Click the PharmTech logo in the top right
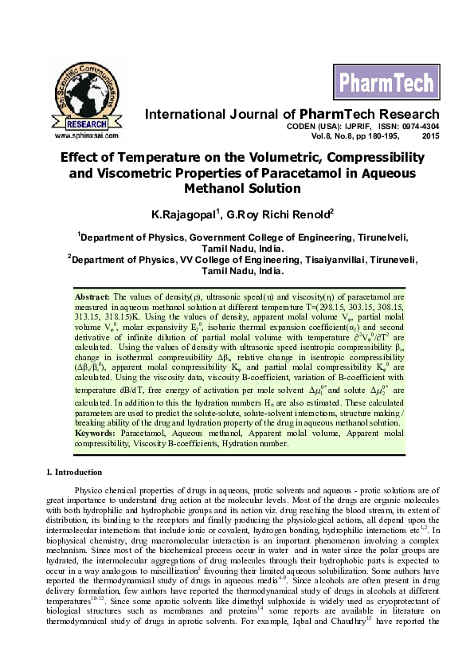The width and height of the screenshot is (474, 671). coord(386,82)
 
